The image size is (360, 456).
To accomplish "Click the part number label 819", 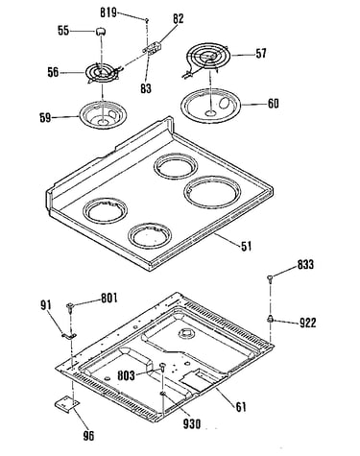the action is tap(108, 12).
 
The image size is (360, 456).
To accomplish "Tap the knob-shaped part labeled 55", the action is tap(101, 32).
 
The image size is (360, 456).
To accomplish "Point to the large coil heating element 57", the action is tap(205, 58).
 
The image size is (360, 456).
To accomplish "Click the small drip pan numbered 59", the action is tap(103, 114).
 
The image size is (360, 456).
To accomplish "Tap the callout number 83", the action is tap(146, 88).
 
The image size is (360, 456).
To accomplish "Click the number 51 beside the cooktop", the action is tap(246, 246).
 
